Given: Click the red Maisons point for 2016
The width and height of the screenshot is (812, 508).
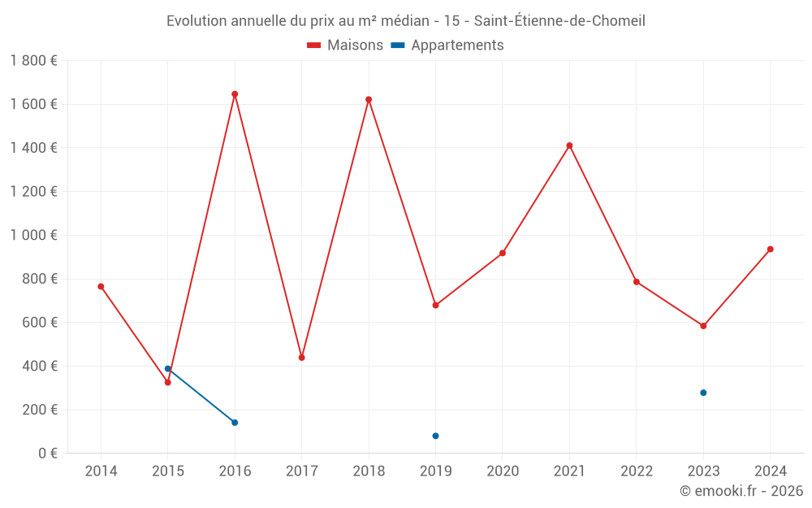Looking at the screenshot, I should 235,94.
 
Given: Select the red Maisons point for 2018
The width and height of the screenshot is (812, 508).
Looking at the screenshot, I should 369,100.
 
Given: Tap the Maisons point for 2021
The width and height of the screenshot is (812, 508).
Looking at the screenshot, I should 569,145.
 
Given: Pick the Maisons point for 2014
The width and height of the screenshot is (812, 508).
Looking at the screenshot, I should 101,286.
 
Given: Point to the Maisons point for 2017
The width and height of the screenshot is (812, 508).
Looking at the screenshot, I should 302,358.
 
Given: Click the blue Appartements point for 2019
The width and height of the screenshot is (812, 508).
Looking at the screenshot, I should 435,436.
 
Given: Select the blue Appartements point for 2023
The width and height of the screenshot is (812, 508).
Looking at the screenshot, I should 703,393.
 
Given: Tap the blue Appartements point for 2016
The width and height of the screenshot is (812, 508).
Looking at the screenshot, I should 235,423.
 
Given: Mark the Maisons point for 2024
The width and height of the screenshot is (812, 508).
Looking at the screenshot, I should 771,249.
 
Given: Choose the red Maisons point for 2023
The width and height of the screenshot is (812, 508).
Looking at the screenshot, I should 703,326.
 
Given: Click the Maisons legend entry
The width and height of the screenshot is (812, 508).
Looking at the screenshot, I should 345,46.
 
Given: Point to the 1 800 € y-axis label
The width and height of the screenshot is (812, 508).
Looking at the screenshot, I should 34,61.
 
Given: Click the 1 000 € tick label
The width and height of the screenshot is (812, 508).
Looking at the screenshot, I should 34,235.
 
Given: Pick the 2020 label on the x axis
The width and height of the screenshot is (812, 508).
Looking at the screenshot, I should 503,471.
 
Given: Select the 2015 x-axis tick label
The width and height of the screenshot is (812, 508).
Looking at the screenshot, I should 168,471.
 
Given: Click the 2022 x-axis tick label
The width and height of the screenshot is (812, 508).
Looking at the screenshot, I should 637,471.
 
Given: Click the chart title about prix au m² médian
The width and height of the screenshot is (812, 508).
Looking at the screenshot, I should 406,21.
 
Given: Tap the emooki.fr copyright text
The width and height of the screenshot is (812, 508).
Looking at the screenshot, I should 741,491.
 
